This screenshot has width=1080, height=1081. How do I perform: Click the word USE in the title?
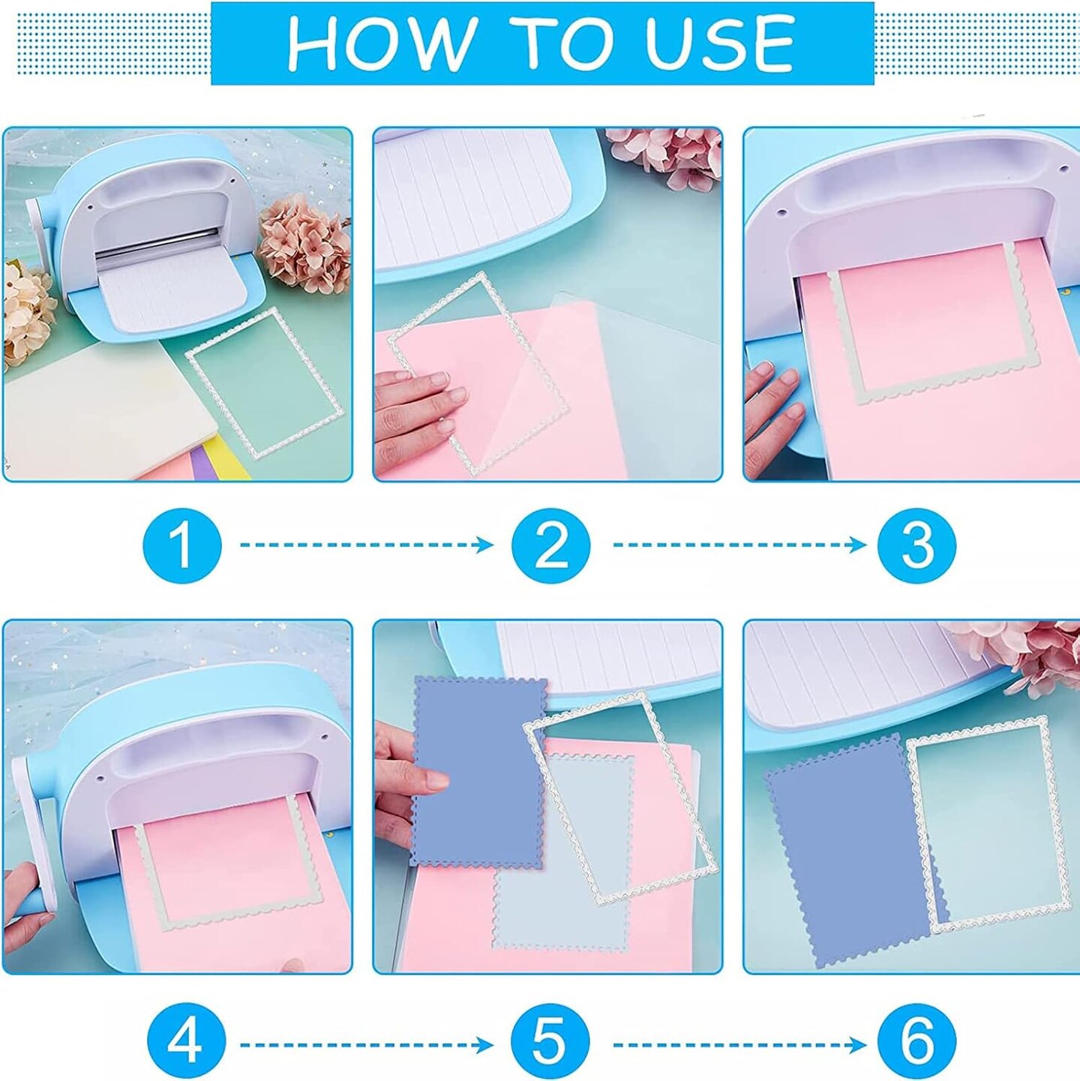720,44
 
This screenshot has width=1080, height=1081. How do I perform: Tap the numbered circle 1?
181,545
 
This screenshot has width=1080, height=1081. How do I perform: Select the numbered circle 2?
551,545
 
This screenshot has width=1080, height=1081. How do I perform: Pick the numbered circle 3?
916,545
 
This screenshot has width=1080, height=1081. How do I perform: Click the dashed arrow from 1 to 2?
366,545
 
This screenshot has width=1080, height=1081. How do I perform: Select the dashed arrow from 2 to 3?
739,545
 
